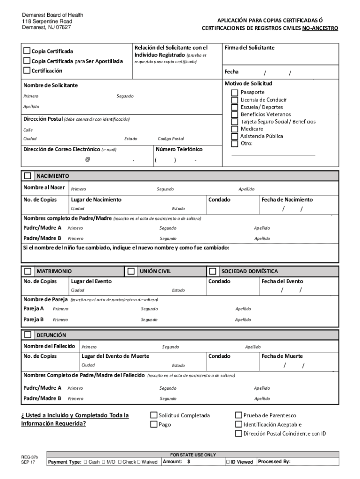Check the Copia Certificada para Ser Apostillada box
(27, 61)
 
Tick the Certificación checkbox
(27, 71)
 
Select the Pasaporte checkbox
(235, 93)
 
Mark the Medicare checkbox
(235, 129)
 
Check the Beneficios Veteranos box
(235, 115)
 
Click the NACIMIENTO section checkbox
(28, 176)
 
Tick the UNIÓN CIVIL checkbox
(131, 271)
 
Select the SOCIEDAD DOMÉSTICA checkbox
(213, 271)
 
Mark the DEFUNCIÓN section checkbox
(28, 335)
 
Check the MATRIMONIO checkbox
(28, 271)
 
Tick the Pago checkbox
(153, 425)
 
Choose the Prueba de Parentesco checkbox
(238, 415)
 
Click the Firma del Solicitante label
(249, 48)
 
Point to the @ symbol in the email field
(87, 160)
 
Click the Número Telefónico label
(179, 149)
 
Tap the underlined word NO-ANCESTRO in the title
(320, 29)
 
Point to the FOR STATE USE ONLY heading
(193, 454)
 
